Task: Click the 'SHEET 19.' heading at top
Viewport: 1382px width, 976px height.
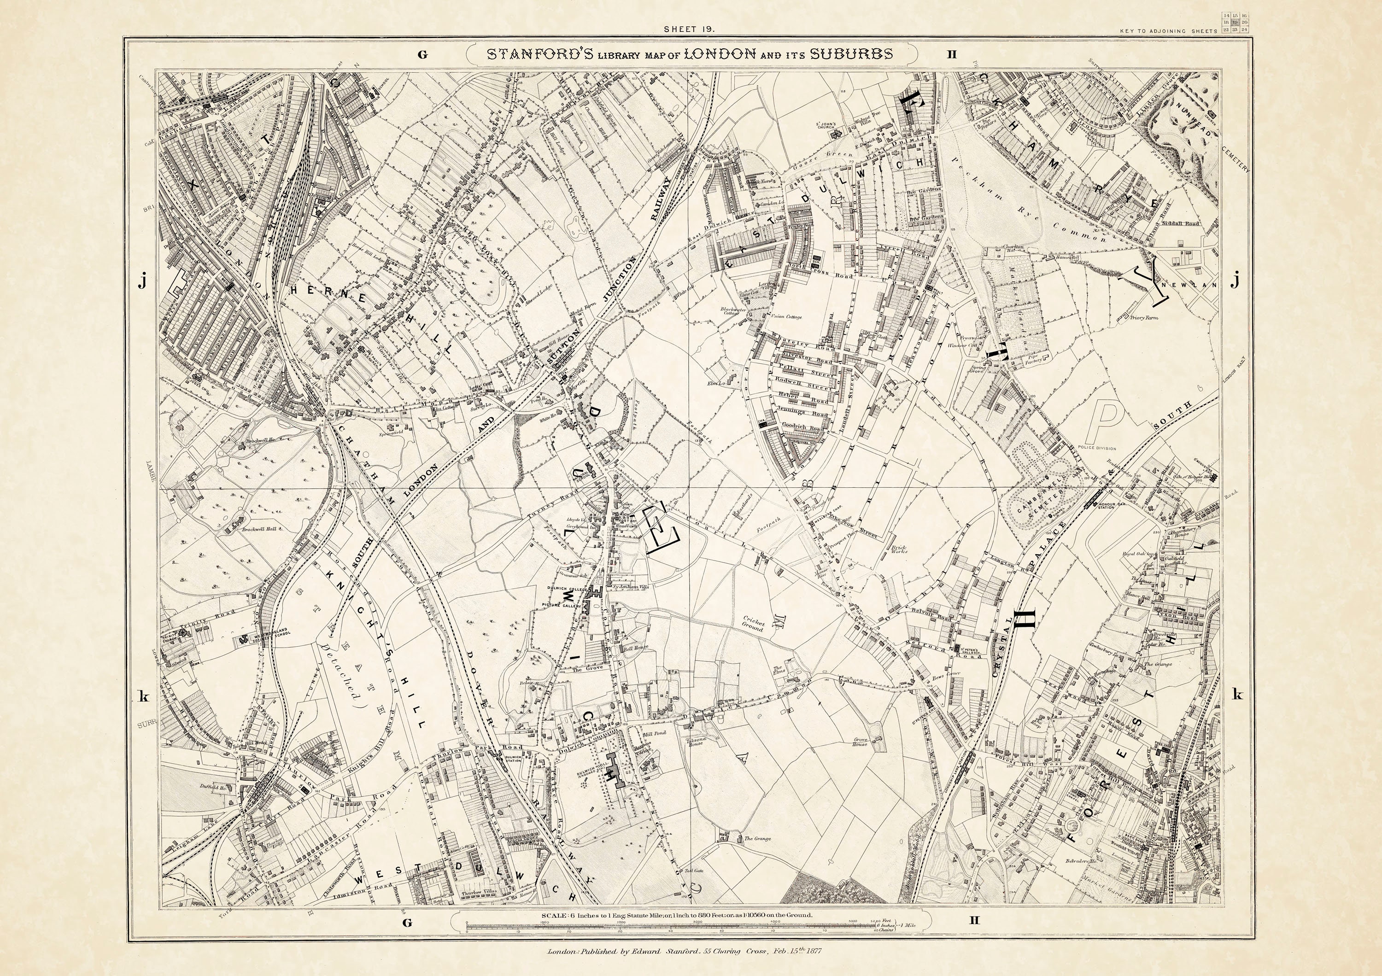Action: [689, 29]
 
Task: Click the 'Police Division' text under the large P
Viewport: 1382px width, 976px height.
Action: [1100, 448]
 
